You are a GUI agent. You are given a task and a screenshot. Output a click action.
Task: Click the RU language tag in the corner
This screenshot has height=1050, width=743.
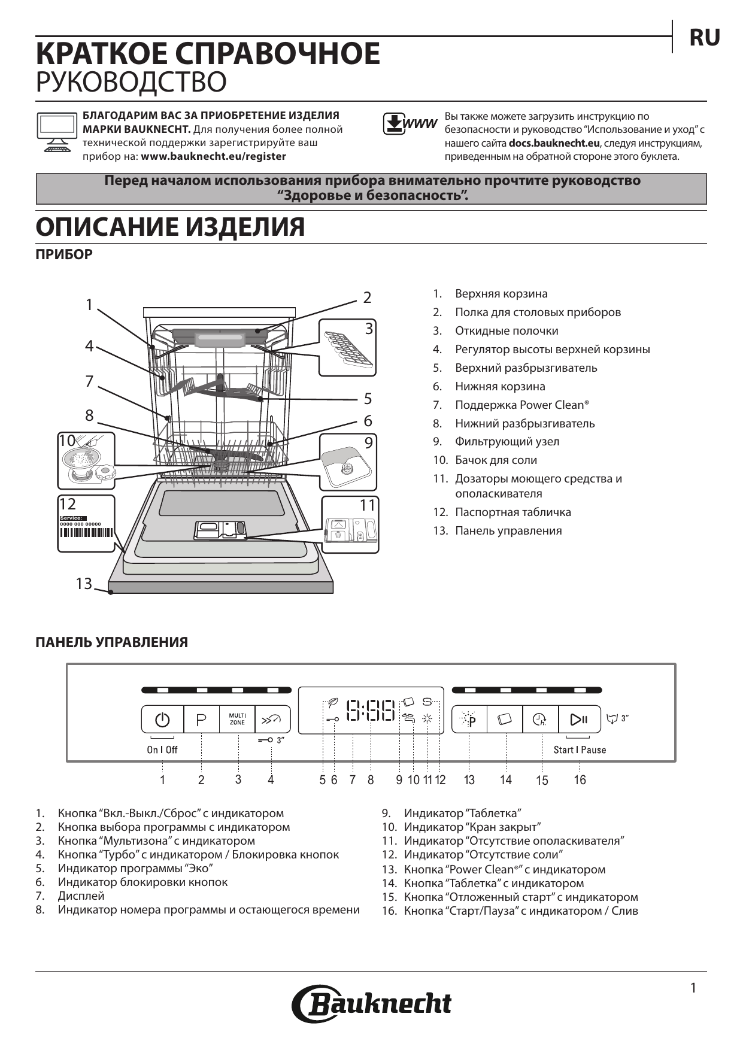click(705, 38)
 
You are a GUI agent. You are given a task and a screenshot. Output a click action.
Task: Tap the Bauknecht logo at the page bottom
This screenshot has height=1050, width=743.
click(371, 1004)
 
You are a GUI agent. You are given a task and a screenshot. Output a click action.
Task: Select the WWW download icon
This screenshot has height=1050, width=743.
click(410, 123)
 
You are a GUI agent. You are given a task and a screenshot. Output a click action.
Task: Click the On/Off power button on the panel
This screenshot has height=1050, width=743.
click(162, 720)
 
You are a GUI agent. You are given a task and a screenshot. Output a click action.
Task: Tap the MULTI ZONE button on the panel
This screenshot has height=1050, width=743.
click(237, 719)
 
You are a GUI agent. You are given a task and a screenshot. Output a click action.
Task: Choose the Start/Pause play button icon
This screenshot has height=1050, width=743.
click(579, 720)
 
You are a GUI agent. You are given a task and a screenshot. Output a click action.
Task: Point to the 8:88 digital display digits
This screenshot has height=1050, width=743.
click(371, 711)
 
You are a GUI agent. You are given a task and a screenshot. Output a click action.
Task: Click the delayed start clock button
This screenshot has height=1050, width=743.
click(540, 720)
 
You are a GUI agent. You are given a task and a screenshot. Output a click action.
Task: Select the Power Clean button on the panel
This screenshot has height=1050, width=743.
click(469, 720)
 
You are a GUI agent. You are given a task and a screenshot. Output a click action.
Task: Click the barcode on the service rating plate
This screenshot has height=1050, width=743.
click(86, 538)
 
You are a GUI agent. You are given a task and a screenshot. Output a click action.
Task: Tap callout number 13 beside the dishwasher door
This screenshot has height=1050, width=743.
click(84, 583)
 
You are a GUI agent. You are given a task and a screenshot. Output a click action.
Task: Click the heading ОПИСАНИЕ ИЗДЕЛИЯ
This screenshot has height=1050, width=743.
click(170, 227)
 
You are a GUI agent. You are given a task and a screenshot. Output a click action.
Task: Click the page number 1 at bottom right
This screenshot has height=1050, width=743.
click(693, 988)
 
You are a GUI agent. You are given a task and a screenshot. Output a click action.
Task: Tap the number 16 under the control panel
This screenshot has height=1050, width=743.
click(580, 780)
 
